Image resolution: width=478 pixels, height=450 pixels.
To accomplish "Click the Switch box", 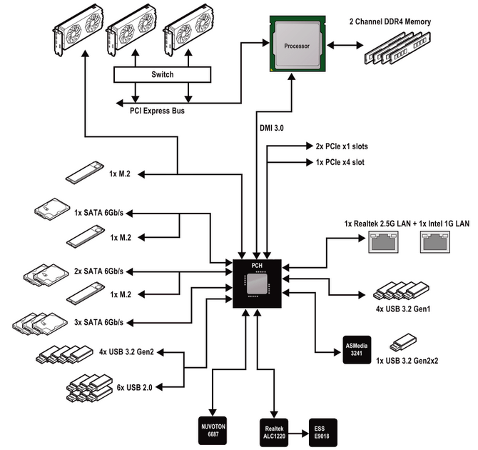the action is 162,74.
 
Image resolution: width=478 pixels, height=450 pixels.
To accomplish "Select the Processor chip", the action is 298,44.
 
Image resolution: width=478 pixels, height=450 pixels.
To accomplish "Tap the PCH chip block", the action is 257,284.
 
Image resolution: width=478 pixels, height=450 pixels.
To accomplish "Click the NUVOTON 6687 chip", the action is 213,431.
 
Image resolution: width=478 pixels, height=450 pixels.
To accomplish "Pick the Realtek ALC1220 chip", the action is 274,432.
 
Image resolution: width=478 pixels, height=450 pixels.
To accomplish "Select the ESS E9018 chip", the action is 323,432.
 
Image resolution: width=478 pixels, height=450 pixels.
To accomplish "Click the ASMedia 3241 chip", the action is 357,350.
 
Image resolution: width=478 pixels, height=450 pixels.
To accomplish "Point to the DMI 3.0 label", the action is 271,128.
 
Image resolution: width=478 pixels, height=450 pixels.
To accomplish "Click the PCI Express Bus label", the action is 157,111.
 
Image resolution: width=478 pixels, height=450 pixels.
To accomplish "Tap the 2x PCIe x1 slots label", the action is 342,146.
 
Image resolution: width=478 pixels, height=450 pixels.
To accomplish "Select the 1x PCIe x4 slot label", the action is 340,162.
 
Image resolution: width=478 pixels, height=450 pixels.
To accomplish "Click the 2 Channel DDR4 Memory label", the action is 390,21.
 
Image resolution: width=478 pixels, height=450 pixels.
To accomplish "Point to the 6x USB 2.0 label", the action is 134,387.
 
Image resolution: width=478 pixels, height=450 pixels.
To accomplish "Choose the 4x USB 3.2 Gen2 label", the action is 126,352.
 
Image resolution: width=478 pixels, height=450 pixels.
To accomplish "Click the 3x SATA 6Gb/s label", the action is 98,322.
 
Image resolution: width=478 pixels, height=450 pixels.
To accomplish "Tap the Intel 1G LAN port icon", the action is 435,242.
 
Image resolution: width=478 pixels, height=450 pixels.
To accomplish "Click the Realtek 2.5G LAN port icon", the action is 384,242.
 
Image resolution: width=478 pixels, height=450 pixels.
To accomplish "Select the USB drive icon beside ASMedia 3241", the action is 403,342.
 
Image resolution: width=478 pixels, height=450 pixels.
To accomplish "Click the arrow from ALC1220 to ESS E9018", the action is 298,433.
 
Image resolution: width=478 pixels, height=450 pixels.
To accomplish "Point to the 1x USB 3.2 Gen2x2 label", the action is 407,361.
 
